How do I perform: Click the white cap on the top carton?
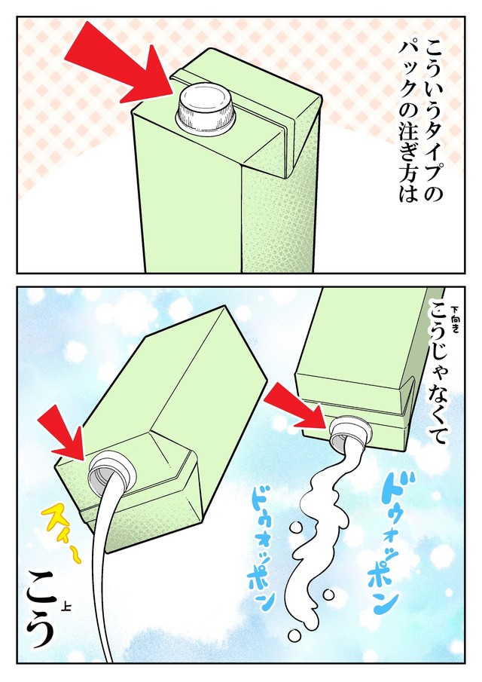click(x=205, y=106)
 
